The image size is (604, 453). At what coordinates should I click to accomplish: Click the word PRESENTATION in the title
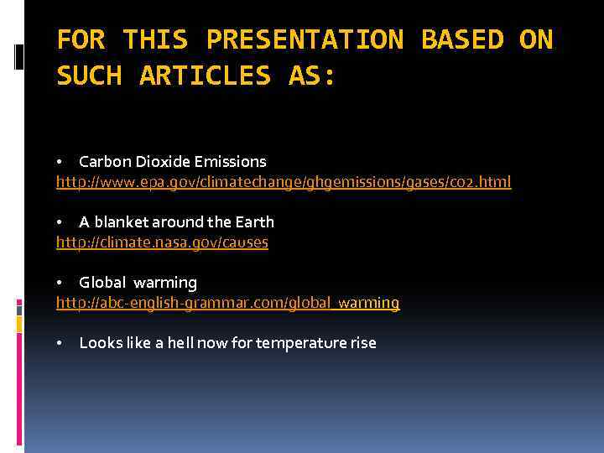click(305, 39)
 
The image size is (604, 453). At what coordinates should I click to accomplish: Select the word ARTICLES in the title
click(206, 75)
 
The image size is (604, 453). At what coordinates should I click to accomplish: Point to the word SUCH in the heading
click(89, 75)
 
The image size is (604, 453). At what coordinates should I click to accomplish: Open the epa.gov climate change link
click(284, 182)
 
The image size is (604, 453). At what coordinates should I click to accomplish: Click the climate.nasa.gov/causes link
click(162, 242)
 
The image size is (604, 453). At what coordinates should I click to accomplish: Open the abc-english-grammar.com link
click(228, 303)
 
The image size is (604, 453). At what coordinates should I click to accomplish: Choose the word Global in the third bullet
click(102, 283)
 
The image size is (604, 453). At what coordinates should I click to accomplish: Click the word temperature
click(301, 343)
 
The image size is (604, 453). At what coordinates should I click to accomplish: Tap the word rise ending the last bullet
click(362, 343)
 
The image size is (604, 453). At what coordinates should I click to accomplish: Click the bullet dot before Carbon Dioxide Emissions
click(60, 162)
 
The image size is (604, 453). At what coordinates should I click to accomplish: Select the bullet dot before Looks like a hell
click(60, 343)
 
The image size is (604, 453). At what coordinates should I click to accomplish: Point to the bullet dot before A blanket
click(60, 222)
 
